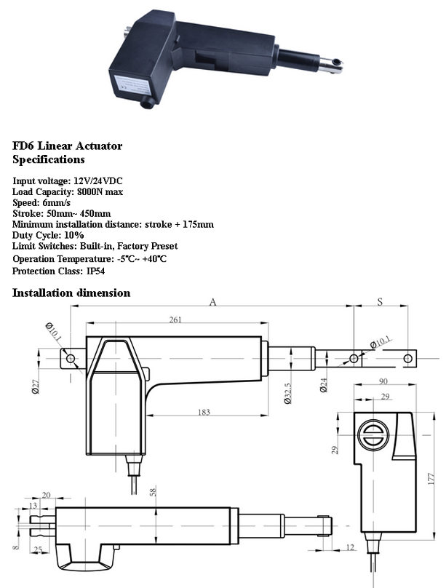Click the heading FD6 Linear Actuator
pyautogui.click(x=68, y=146)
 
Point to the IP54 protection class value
pyautogui.click(x=95, y=271)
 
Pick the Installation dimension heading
pyautogui.click(x=71, y=293)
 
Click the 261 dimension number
pyautogui.click(x=175, y=319)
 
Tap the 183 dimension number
pyautogui.click(x=204, y=412)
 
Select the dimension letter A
pyautogui.click(x=212, y=302)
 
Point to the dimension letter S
pyautogui.click(x=380, y=302)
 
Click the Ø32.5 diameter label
pyautogui.click(x=288, y=393)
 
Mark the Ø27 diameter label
pyautogui.click(x=36, y=386)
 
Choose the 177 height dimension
pyautogui.click(x=431, y=479)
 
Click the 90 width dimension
pyautogui.click(x=383, y=381)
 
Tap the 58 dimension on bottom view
pyautogui.click(x=153, y=490)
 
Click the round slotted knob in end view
pyautogui.click(x=373, y=435)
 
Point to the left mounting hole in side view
pyautogui.click(x=71, y=359)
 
